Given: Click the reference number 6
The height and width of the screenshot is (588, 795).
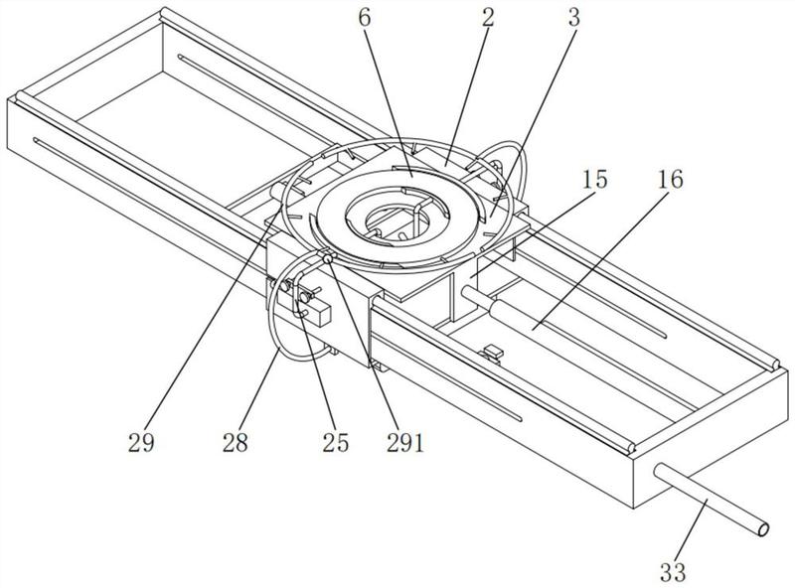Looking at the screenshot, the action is click(365, 18).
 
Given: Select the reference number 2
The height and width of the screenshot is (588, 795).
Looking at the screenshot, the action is click(488, 18).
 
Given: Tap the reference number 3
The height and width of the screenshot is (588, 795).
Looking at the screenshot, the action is click(574, 18).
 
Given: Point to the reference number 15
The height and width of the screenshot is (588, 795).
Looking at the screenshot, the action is click(594, 180).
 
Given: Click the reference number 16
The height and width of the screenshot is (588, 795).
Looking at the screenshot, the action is click(670, 180).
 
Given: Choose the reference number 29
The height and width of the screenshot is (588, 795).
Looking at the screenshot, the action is click(141, 443).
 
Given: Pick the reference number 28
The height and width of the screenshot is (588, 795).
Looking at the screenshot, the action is click(235, 443).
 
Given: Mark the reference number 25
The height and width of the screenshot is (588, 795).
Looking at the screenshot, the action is click(336, 443).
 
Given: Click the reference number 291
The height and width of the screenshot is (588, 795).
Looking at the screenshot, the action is click(404, 443).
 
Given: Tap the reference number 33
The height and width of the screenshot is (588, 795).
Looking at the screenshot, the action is click(674, 572).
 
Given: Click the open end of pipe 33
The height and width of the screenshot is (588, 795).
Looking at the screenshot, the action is click(763, 529).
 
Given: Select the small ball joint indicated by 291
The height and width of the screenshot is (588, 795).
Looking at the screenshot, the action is click(328, 258).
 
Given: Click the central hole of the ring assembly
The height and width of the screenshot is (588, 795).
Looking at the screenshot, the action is click(398, 222).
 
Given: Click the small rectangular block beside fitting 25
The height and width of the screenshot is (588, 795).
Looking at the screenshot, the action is click(319, 313).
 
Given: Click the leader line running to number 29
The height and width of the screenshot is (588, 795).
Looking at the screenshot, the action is click(212, 318).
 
